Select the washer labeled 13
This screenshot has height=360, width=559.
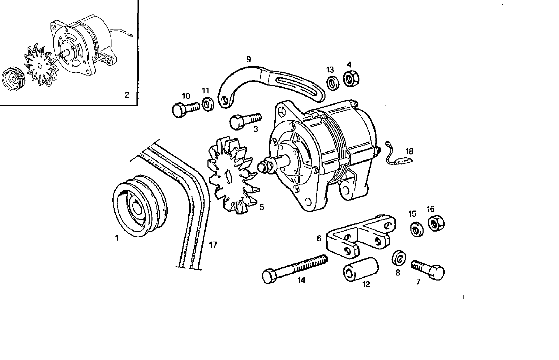tap(333, 83)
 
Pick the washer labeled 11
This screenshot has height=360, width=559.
tap(208, 104)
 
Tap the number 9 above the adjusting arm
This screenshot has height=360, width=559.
tap(248, 59)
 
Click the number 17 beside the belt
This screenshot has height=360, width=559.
tap(213, 245)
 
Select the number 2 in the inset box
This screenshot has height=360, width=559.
tap(127, 95)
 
